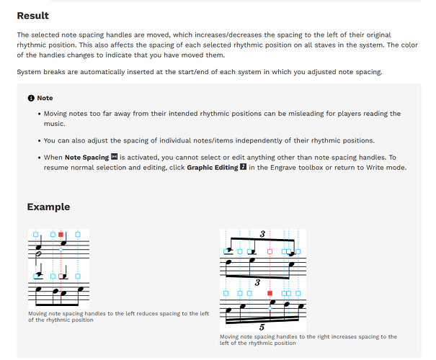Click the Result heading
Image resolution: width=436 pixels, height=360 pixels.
pyautogui.click(x=33, y=16)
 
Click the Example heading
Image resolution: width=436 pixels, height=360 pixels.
pyautogui.click(x=48, y=207)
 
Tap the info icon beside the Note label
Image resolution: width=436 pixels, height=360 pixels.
pyautogui.click(x=31, y=98)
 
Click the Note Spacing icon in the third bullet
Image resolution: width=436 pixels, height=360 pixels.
pyautogui.click(x=114, y=157)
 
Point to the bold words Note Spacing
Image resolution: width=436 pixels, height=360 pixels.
pyautogui.click(x=86, y=157)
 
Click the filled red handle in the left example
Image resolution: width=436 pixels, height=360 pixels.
pyautogui.click(x=61, y=235)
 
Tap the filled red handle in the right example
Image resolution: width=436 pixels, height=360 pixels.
pyautogui.click(x=270, y=294)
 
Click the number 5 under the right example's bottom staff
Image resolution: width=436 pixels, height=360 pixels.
pyautogui.click(x=262, y=327)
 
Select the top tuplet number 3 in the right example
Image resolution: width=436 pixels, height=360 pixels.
pyautogui.click(x=263, y=234)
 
